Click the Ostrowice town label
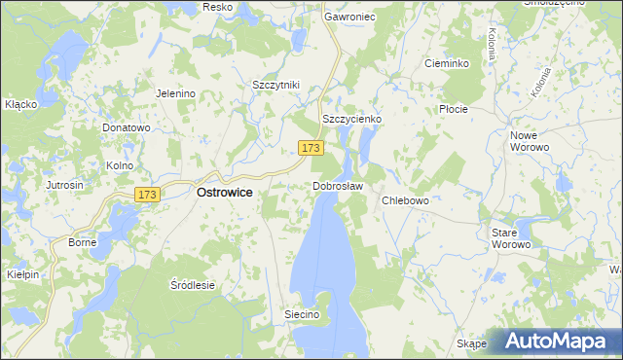point(225,193)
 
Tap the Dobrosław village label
point(338,186)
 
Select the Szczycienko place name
point(351,119)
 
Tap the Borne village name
point(82,241)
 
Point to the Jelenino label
point(176,93)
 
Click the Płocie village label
point(454,109)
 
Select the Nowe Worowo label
point(530,140)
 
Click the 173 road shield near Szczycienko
point(310,148)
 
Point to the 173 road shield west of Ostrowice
point(147,195)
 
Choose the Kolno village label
point(120,165)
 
